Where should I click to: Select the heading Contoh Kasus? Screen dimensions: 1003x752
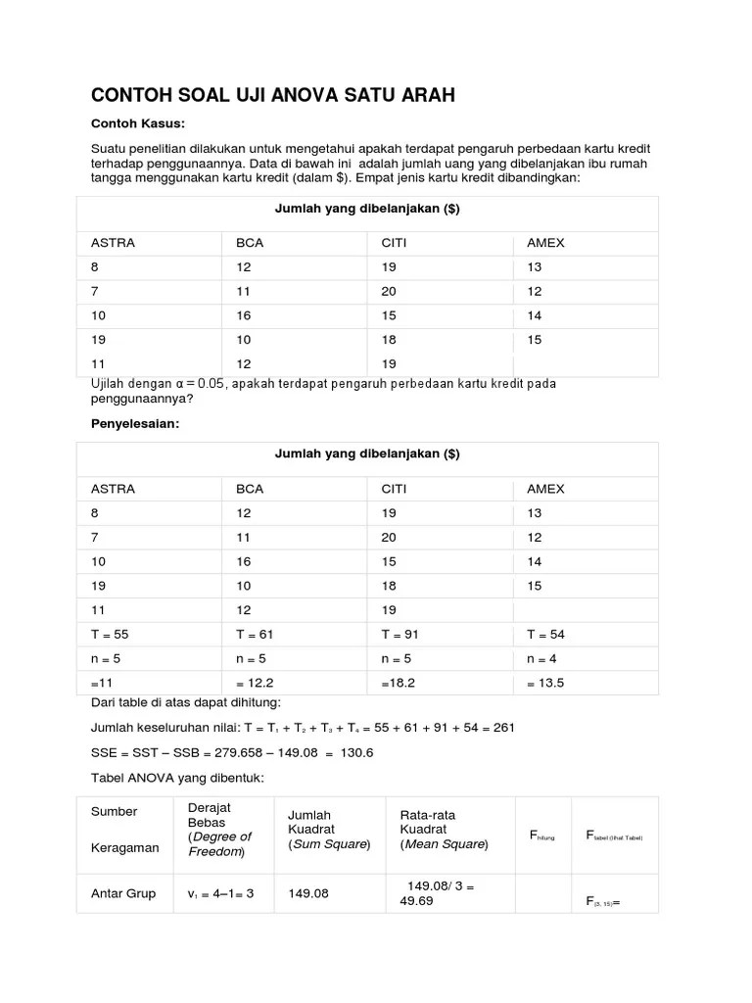[x=138, y=123]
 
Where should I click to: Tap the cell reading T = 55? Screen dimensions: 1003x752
[x=110, y=634]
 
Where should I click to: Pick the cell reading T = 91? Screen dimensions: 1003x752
[x=399, y=634]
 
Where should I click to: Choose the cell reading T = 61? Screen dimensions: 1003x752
[x=257, y=634]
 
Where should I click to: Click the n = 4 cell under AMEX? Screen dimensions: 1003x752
[x=545, y=658]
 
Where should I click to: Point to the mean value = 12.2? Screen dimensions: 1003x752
[x=256, y=683]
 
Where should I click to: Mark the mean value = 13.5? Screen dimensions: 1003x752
[x=546, y=683]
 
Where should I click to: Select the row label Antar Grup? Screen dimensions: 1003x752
[x=123, y=893]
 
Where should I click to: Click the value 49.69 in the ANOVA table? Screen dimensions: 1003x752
[x=416, y=901]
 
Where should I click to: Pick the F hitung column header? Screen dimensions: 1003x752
[x=541, y=836]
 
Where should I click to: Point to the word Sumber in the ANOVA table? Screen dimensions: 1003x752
[x=114, y=811]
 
